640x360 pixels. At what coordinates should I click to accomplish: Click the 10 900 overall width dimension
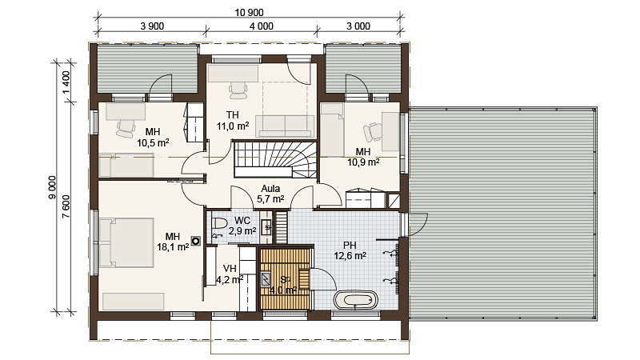[x=249, y=13]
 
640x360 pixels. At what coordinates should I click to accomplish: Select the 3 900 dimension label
[x=152, y=26]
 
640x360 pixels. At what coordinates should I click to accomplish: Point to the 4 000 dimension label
[x=262, y=26]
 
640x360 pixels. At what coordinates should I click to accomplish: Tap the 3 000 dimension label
[x=358, y=26]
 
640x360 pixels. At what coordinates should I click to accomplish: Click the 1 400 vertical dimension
[x=66, y=82]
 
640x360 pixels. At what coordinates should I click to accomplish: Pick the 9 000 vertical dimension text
[x=52, y=187]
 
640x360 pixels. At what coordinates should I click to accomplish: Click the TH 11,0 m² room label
[x=233, y=121]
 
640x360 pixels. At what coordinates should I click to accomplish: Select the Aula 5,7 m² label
[x=270, y=194]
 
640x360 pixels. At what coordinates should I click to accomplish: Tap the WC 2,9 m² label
[x=242, y=226]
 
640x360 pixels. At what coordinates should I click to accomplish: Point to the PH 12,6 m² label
[x=350, y=250]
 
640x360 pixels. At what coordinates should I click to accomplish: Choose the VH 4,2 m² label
[x=230, y=274]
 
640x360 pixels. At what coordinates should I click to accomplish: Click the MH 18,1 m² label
[x=173, y=242]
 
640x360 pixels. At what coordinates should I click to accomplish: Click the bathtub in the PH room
[x=356, y=301]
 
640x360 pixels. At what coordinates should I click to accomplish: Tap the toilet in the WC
[x=219, y=224]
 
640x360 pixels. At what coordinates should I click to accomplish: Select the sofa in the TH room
[x=285, y=126]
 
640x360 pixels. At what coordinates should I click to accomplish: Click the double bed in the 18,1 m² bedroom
[x=126, y=243]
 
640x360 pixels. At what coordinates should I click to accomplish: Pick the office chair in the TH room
[x=238, y=90]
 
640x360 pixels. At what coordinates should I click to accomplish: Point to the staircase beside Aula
[x=275, y=159]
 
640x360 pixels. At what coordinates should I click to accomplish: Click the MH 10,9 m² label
[x=363, y=157]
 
